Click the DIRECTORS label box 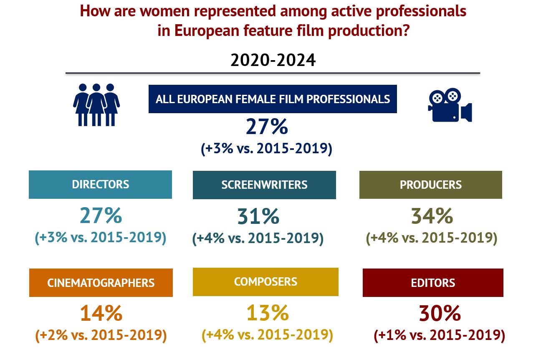[100, 184]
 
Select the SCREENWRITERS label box [264, 185]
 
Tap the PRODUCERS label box [430, 185]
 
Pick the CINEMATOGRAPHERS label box [101, 283]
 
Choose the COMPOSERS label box [265, 281]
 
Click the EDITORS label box [433, 283]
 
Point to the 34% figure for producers [432, 216]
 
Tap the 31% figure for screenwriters [258, 216]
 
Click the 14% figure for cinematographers [101, 313]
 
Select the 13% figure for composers [267, 313]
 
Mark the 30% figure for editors [440, 313]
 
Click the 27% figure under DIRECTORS [101, 215]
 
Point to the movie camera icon [450, 105]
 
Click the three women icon [96, 105]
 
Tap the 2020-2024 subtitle [273, 61]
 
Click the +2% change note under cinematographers [101, 335]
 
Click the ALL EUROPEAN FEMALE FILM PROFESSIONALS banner [273, 99]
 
